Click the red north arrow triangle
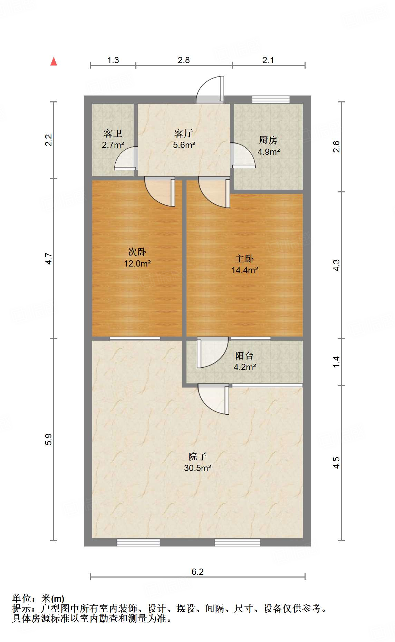[54, 62]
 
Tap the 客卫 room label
[113, 133]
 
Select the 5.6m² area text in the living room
[184, 145]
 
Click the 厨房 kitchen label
[268, 140]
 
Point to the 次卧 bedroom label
[137, 252]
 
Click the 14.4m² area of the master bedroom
[245, 270]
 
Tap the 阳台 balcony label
[244, 355]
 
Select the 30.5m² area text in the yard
[197, 468]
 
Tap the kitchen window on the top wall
[271, 100]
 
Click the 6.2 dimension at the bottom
[197, 572]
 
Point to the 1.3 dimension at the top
[113, 60]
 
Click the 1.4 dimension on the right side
[336, 362]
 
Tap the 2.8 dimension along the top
[184, 60]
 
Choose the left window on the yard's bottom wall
[138, 542]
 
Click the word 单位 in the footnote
[22, 599]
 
